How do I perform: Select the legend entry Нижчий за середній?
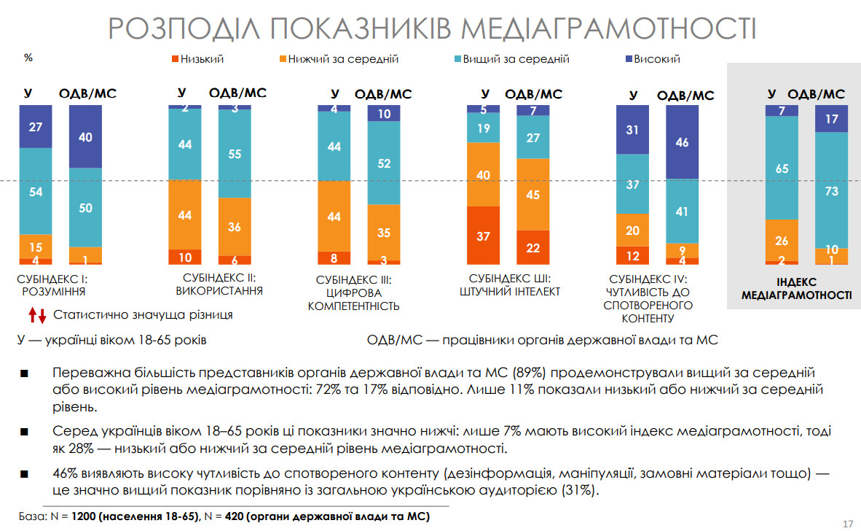339,59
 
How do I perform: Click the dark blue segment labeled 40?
85,136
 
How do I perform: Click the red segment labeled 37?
483,236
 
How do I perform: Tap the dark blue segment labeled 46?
683,142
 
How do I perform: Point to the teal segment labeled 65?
782,168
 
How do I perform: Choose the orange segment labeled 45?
533,195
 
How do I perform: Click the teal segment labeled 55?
235,154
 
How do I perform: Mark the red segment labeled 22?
533,247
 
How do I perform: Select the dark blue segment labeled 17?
831,119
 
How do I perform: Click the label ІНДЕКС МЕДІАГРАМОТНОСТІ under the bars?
796,289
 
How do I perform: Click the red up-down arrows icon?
38,316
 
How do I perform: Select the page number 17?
847,523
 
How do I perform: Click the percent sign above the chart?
28,58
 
